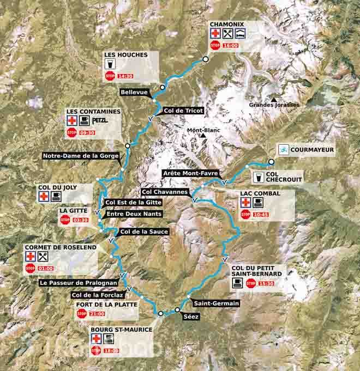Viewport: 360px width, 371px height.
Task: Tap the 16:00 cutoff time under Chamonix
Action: (231, 46)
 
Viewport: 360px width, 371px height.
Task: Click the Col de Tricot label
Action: (183, 111)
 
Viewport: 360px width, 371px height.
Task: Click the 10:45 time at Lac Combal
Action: (260, 214)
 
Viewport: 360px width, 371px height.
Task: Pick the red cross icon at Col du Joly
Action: (43, 196)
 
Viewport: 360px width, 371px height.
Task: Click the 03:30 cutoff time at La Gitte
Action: (81, 220)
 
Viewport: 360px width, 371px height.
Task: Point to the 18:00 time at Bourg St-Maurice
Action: (112, 351)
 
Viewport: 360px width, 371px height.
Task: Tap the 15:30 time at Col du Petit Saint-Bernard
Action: (267, 283)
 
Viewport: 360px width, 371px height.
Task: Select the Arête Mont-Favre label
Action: (191, 173)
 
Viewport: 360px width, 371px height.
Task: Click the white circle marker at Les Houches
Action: (163, 87)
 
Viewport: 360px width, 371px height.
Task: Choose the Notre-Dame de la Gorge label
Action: (81, 156)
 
